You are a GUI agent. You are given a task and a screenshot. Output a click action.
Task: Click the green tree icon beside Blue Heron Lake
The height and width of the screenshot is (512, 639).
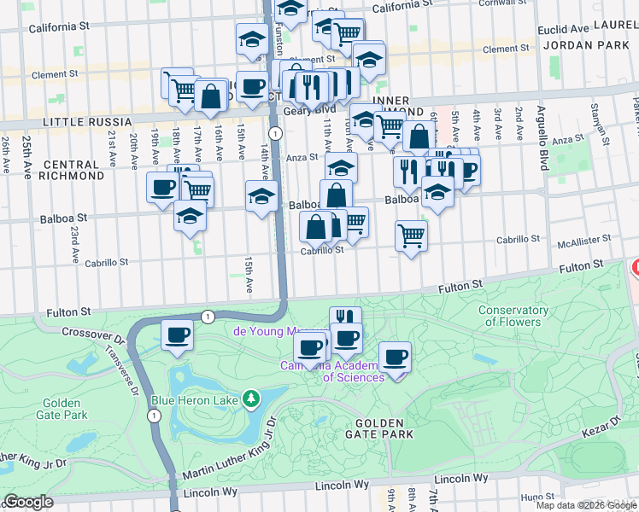coord(250,399)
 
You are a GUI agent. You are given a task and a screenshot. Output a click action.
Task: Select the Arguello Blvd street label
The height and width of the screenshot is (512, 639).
coord(542,137)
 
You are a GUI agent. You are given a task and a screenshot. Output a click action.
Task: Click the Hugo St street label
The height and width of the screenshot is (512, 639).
coord(537,497)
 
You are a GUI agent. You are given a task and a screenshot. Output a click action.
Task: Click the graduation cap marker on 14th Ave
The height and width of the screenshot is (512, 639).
coord(261,196)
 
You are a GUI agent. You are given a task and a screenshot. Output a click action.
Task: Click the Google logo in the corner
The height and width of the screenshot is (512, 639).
coord(28,502)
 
